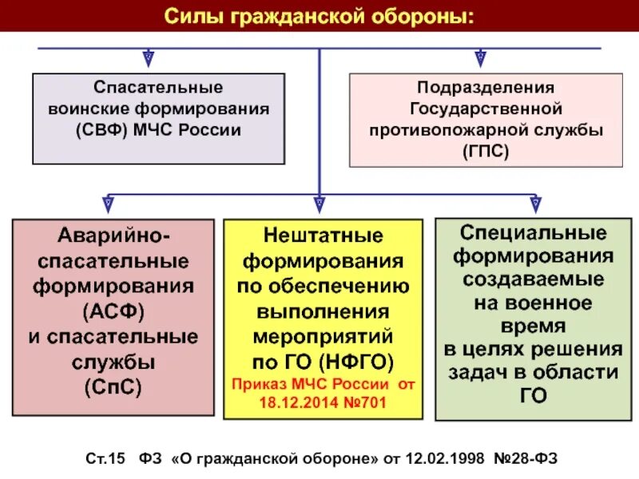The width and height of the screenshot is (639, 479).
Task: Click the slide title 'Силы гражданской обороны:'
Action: tap(319, 16)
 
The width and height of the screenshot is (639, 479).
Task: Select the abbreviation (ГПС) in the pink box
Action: tap(485, 150)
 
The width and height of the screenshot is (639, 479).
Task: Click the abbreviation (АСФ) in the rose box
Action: tap(113, 309)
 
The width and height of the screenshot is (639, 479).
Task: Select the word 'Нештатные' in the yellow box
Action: tap(323, 236)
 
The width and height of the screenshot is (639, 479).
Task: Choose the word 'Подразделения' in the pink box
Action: tap(485, 85)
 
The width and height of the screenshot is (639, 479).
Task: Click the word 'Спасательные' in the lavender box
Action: tap(158, 85)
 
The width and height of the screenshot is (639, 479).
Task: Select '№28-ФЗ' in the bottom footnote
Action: tap(526, 458)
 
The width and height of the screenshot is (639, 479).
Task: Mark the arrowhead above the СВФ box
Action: tap(149, 58)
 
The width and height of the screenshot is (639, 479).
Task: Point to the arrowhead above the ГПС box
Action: tap(480, 58)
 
